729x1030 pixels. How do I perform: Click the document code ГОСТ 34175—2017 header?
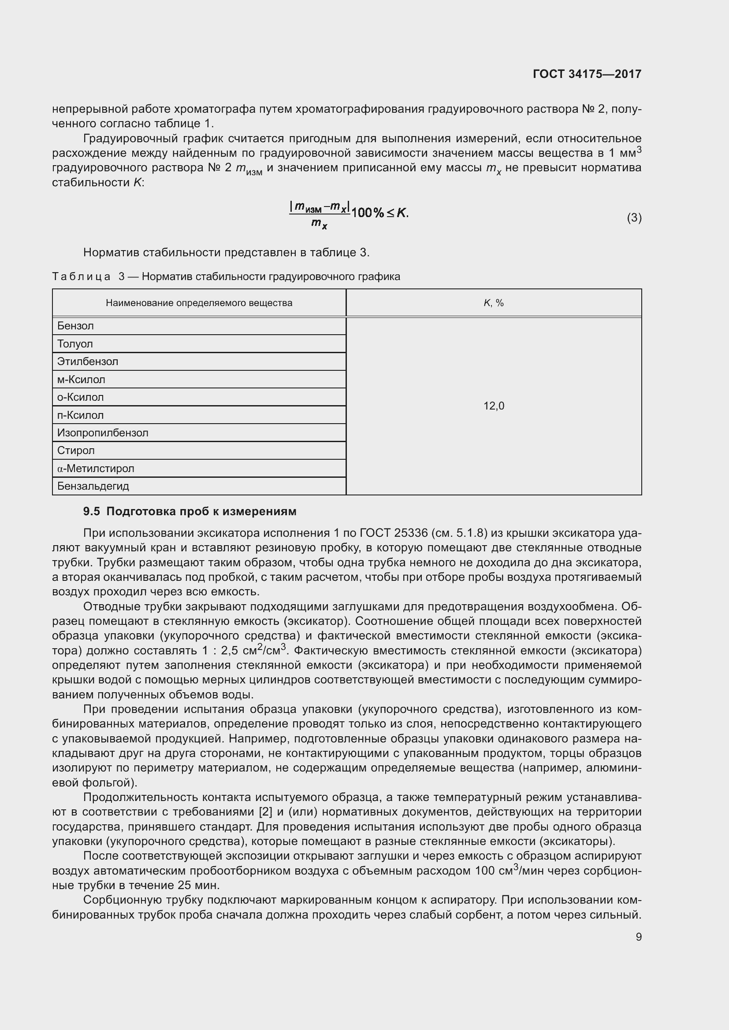point(587,74)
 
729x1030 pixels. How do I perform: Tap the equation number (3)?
point(634,218)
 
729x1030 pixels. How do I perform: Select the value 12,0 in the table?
point(494,406)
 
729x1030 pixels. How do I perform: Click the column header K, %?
point(494,303)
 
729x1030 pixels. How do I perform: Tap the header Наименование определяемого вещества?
point(199,303)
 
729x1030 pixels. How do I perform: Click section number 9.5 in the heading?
point(92,512)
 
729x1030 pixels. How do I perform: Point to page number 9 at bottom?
point(638,937)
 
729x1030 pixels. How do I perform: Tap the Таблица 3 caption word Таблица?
point(81,277)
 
